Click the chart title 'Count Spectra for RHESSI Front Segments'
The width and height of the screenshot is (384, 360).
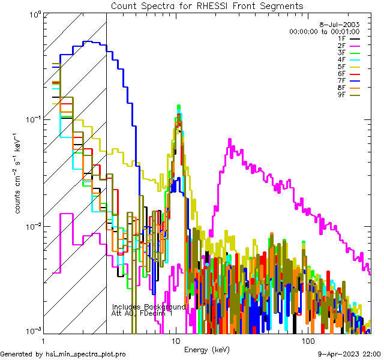tap(207, 5)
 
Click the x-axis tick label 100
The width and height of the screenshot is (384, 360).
tap(308, 340)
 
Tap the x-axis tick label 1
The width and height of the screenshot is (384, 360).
tap(41, 340)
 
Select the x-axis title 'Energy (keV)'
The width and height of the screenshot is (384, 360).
tap(206, 349)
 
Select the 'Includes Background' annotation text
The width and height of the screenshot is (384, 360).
tap(149, 307)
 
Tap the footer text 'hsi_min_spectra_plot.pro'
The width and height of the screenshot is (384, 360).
tap(86, 354)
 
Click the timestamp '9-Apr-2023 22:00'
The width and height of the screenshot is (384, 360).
tap(347, 354)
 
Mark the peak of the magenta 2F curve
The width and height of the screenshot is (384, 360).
tap(229, 139)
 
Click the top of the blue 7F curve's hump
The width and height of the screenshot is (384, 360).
tap(88, 41)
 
